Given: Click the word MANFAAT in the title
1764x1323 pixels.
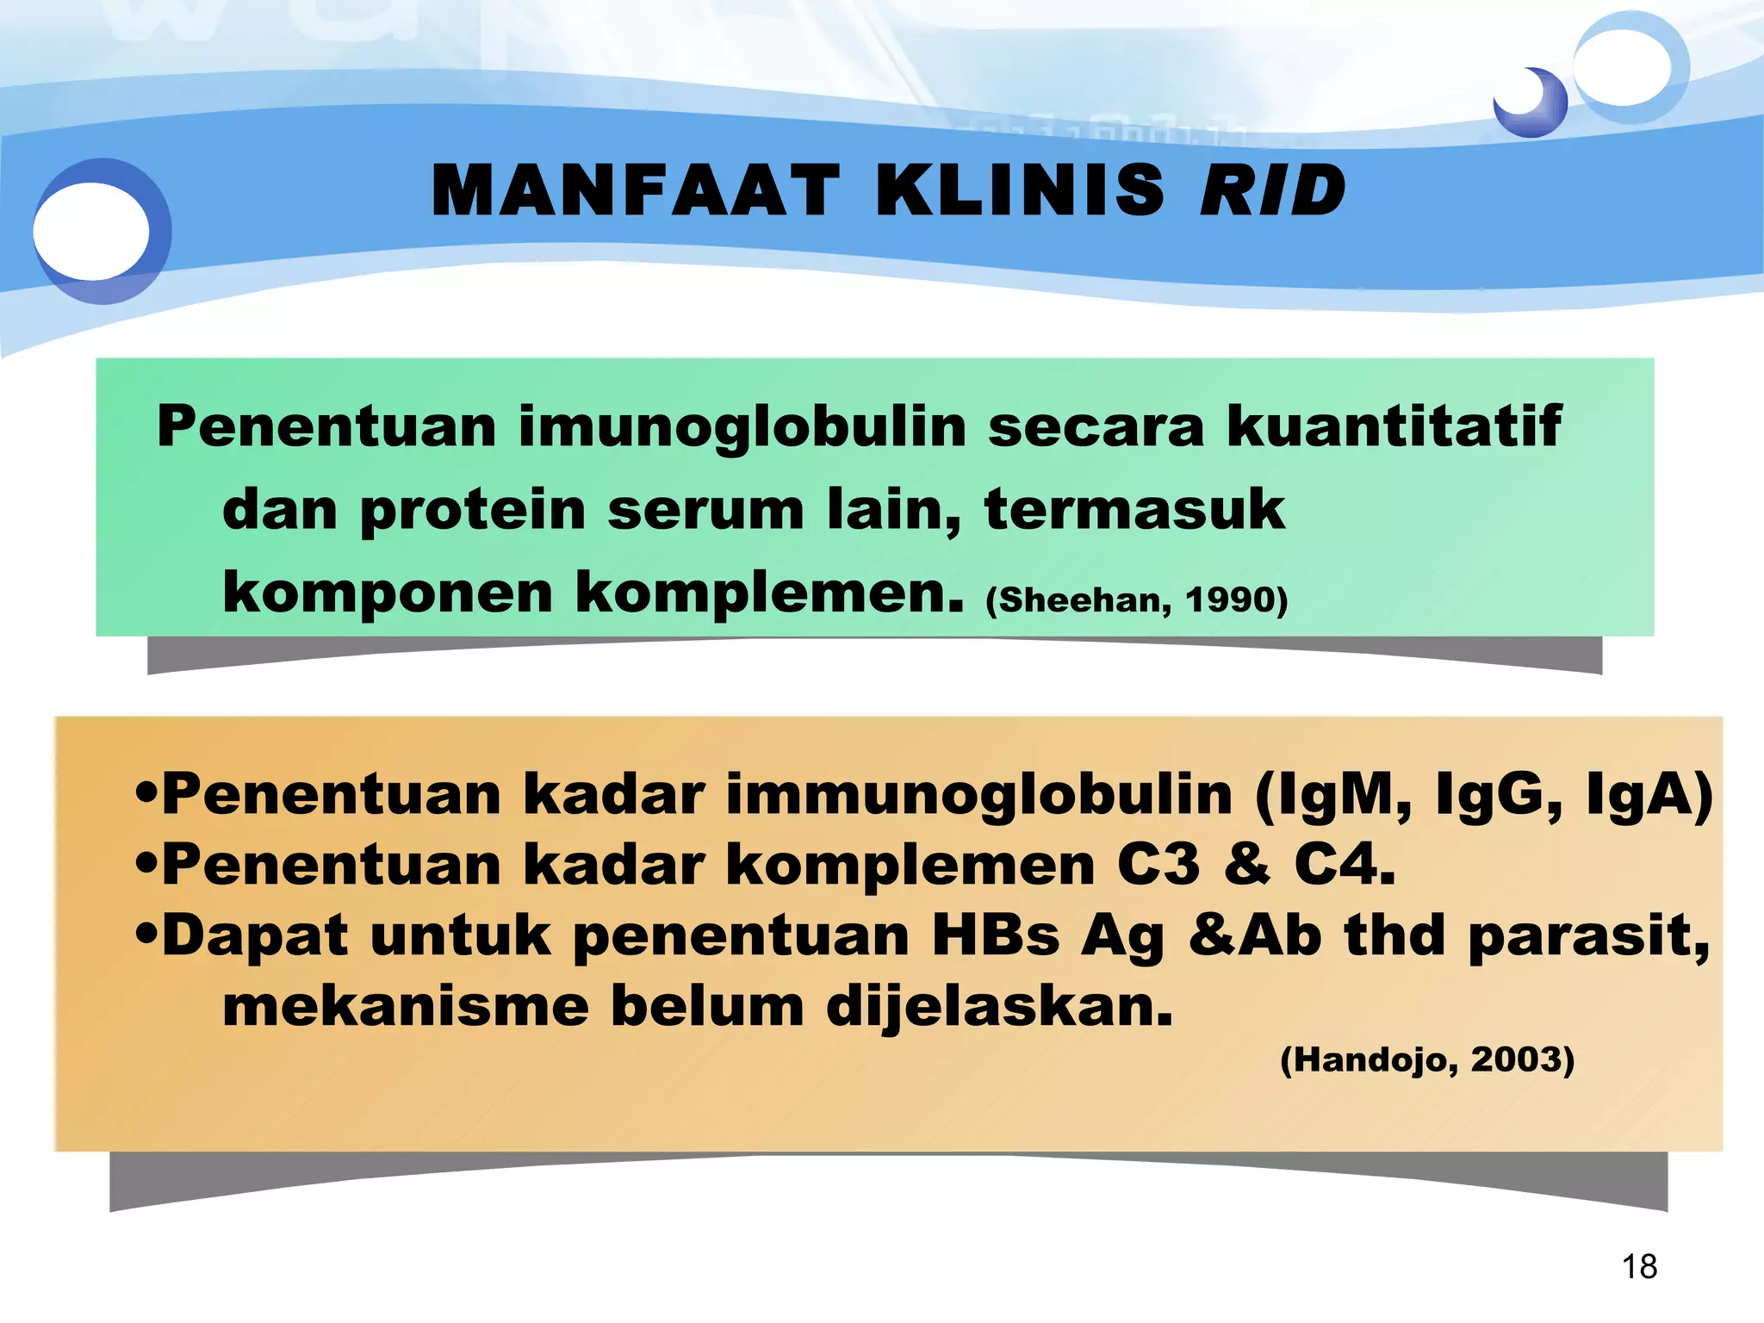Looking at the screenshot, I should point(635,190).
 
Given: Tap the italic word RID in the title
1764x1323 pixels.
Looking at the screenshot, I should point(1272,190).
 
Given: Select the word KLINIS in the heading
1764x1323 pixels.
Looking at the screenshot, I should point(1020,190).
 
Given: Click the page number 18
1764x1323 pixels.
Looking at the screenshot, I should point(1639,1267).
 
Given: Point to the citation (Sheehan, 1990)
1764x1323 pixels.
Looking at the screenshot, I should point(1136,599).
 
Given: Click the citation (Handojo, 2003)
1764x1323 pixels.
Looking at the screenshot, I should point(1427,1059).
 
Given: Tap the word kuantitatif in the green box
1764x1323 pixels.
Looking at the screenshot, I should point(1393,425).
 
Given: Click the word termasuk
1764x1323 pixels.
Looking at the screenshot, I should point(1134,508).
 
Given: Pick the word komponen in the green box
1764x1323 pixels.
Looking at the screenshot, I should point(387,594).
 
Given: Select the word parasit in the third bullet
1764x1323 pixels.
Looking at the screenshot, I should point(1586,935).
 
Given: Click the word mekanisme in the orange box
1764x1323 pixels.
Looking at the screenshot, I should point(405,1006).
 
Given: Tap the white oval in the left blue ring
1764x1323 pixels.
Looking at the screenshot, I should point(91,231).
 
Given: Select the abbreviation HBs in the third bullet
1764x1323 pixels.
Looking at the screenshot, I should point(995,935).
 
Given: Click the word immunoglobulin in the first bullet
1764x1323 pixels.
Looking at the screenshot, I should point(979,795).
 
